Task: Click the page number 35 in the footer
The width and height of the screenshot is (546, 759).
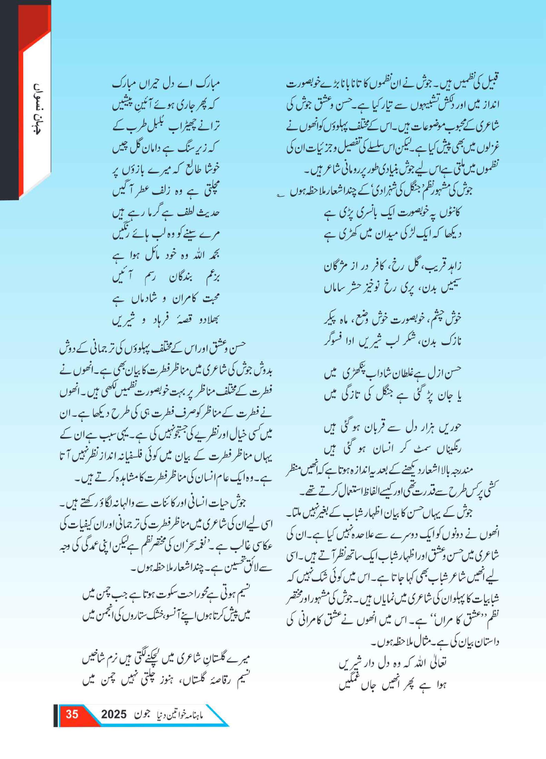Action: pos(72,715)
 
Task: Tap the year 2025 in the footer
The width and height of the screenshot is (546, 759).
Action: pos(114,715)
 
